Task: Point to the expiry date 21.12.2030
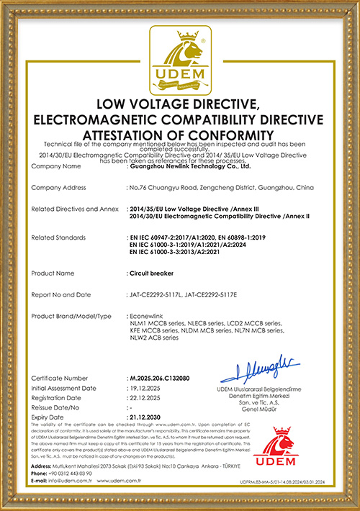(145, 417)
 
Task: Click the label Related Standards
(59, 237)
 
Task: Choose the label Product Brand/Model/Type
(72, 316)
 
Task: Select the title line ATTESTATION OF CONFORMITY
(179, 135)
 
